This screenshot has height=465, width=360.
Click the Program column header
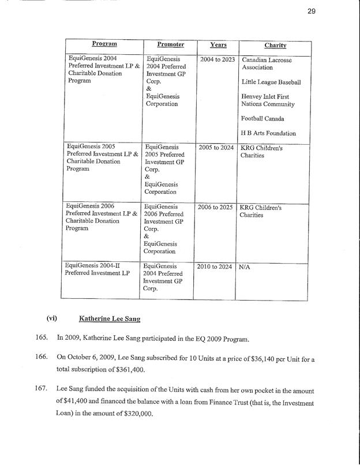(x=104, y=44)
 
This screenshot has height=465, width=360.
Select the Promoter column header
(x=170, y=44)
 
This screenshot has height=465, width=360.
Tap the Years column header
(x=218, y=44)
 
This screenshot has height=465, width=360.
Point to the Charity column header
(x=276, y=45)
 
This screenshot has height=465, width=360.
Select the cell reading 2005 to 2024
(x=216, y=148)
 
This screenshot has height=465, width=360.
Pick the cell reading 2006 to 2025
(x=216, y=207)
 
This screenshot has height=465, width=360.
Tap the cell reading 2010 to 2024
(x=215, y=267)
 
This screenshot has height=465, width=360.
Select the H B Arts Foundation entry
(x=269, y=133)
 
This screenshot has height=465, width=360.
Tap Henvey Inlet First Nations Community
(x=268, y=100)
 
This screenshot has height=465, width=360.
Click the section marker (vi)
(x=51, y=318)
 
